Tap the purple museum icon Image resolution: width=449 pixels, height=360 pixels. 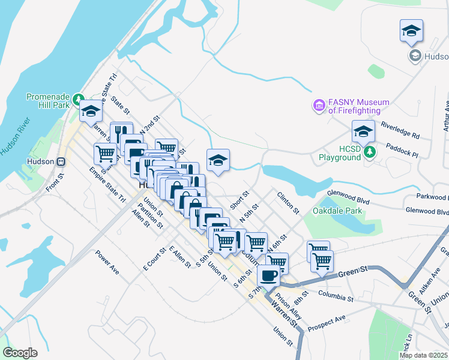(319, 106)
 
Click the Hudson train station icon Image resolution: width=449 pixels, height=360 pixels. (61, 161)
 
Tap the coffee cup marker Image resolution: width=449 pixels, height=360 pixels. (268, 275)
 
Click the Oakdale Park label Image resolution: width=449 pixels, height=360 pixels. (337, 211)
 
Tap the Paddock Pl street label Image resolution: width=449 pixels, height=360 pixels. (402, 150)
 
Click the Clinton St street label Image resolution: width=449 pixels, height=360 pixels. (288, 203)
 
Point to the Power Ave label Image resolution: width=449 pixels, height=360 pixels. (107, 262)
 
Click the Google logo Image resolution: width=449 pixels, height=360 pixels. (20, 353)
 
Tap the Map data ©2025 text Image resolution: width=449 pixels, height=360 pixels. (423, 355)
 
